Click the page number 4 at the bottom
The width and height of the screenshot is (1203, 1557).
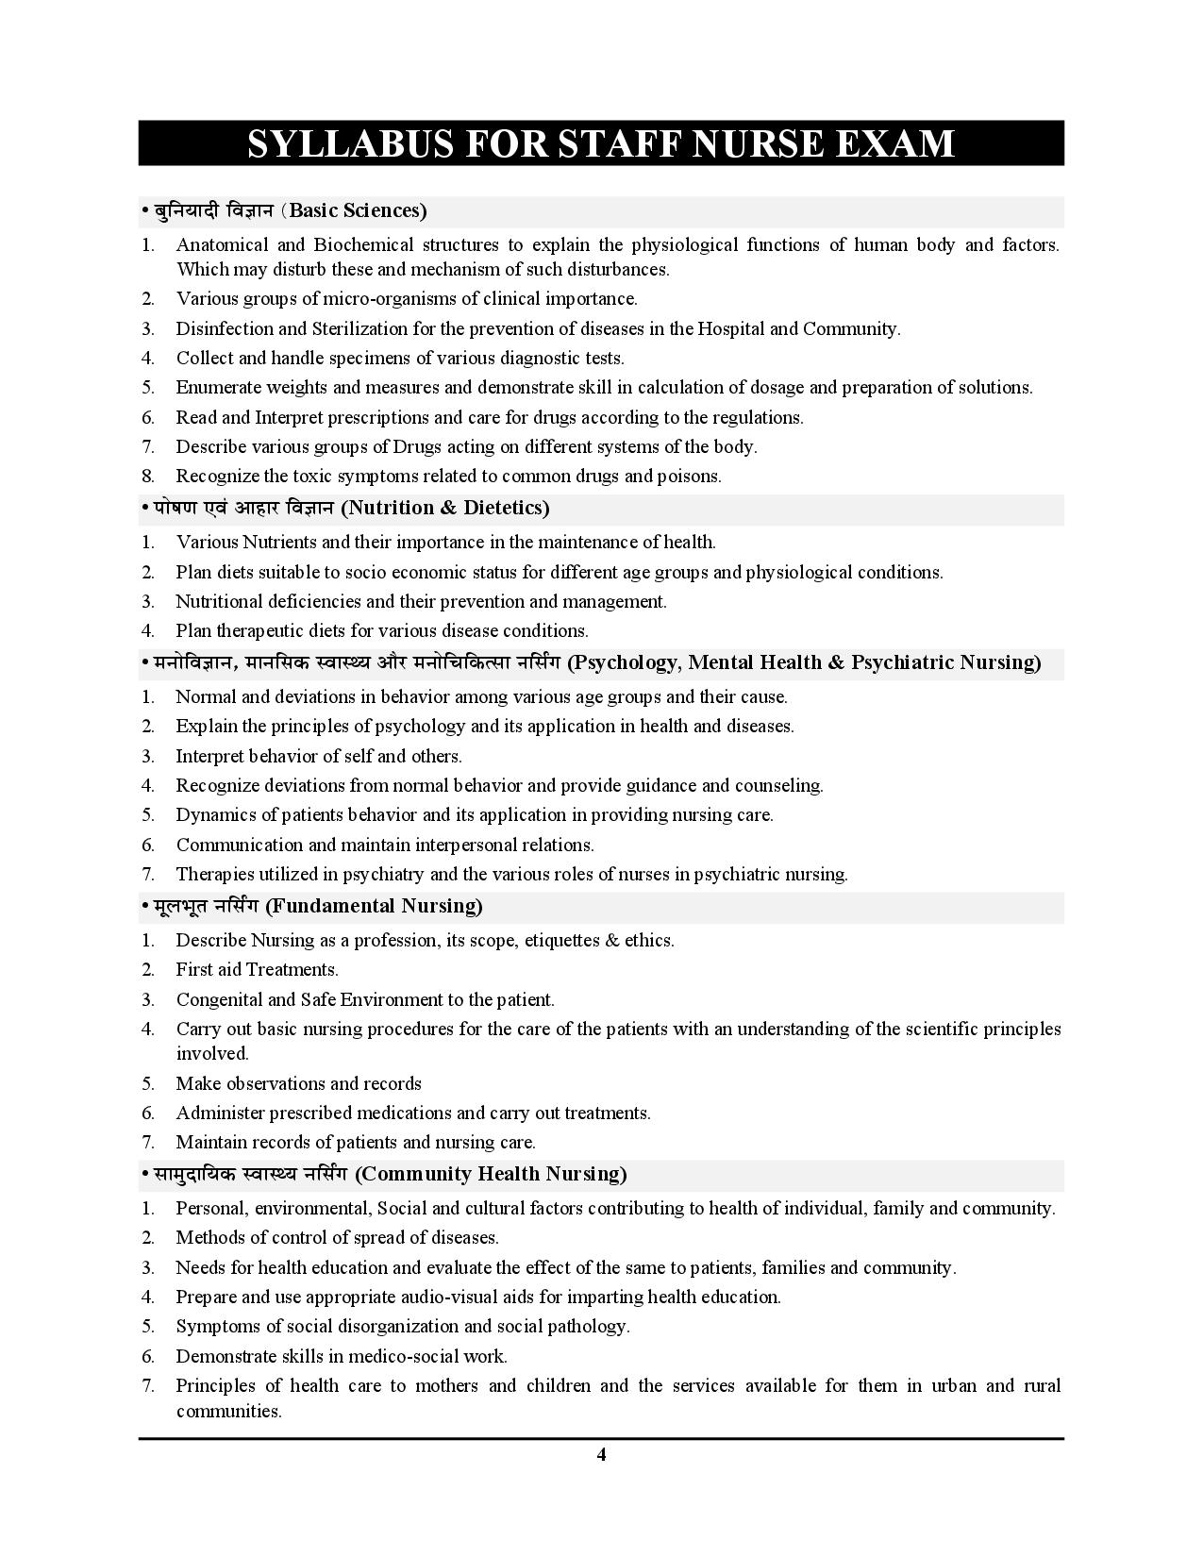[x=601, y=1454]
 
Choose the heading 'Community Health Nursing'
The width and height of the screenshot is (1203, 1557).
[x=493, y=1174]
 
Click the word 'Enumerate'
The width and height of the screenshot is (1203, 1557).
[x=218, y=388]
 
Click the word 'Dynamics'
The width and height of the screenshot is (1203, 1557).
[x=212, y=814]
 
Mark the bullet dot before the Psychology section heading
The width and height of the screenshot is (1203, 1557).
[x=145, y=662]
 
